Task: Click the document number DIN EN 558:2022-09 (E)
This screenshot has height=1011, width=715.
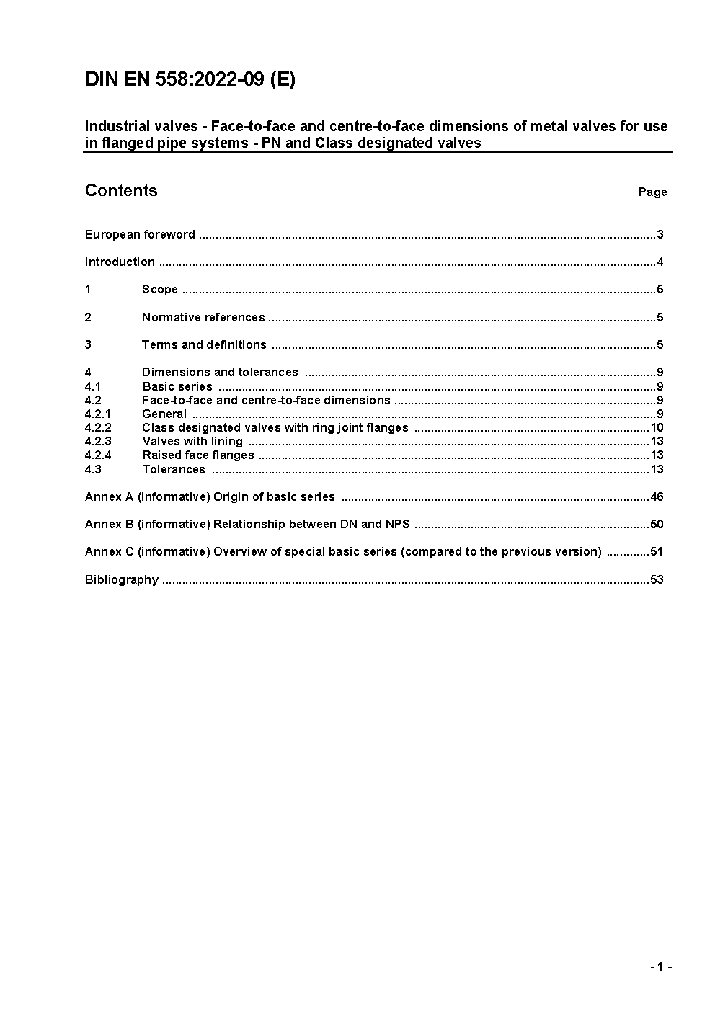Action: (190, 79)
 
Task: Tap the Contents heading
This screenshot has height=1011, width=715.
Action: (121, 190)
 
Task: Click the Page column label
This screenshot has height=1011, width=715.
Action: (652, 192)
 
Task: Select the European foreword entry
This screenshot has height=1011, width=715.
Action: (140, 234)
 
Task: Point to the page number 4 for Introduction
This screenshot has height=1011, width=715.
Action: (660, 262)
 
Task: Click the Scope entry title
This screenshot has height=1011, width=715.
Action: (159, 289)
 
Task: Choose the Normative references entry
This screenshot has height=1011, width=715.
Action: (203, 317)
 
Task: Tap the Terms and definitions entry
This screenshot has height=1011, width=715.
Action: (204, 344)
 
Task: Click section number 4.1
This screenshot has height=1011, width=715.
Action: (93, 386)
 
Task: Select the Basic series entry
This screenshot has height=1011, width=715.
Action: (177, 386)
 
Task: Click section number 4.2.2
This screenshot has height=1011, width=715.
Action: (98, 427)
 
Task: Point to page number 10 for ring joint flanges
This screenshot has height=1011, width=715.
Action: (656, 427)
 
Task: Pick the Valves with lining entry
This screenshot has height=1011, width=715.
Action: (192, 441)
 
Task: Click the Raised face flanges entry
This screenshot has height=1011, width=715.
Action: (198, 455)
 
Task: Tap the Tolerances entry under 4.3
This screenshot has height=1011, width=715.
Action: (174, 469)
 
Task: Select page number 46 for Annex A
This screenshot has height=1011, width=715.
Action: (656, 496)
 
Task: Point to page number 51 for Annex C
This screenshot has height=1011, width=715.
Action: (656, 551)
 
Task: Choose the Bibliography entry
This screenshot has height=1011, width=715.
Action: (121, 579)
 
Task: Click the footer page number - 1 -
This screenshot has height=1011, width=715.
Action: (660, 966)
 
